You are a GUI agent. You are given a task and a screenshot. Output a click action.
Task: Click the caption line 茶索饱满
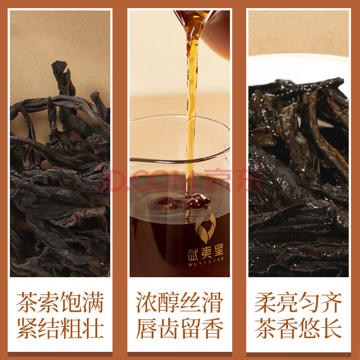(60, 302)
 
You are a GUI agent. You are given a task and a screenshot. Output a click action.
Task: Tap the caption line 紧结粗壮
(60, 328)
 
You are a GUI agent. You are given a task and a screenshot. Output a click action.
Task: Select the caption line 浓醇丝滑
(180, 302)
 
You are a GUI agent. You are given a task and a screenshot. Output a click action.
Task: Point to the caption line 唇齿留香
(180, 328)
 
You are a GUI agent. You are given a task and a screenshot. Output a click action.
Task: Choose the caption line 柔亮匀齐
(298, 302)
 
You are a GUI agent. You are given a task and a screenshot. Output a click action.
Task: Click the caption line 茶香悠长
(298, 328)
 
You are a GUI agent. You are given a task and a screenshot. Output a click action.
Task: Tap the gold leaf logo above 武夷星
(206, 226)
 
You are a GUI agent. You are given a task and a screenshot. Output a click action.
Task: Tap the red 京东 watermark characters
(234, 180)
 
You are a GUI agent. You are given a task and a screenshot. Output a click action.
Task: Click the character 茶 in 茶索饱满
(27, 302)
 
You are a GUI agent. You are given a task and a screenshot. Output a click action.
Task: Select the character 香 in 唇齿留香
(213, 328)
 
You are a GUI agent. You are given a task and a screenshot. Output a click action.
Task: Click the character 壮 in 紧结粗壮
(94, 328)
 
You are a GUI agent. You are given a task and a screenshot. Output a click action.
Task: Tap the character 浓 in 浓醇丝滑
(146, 302)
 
